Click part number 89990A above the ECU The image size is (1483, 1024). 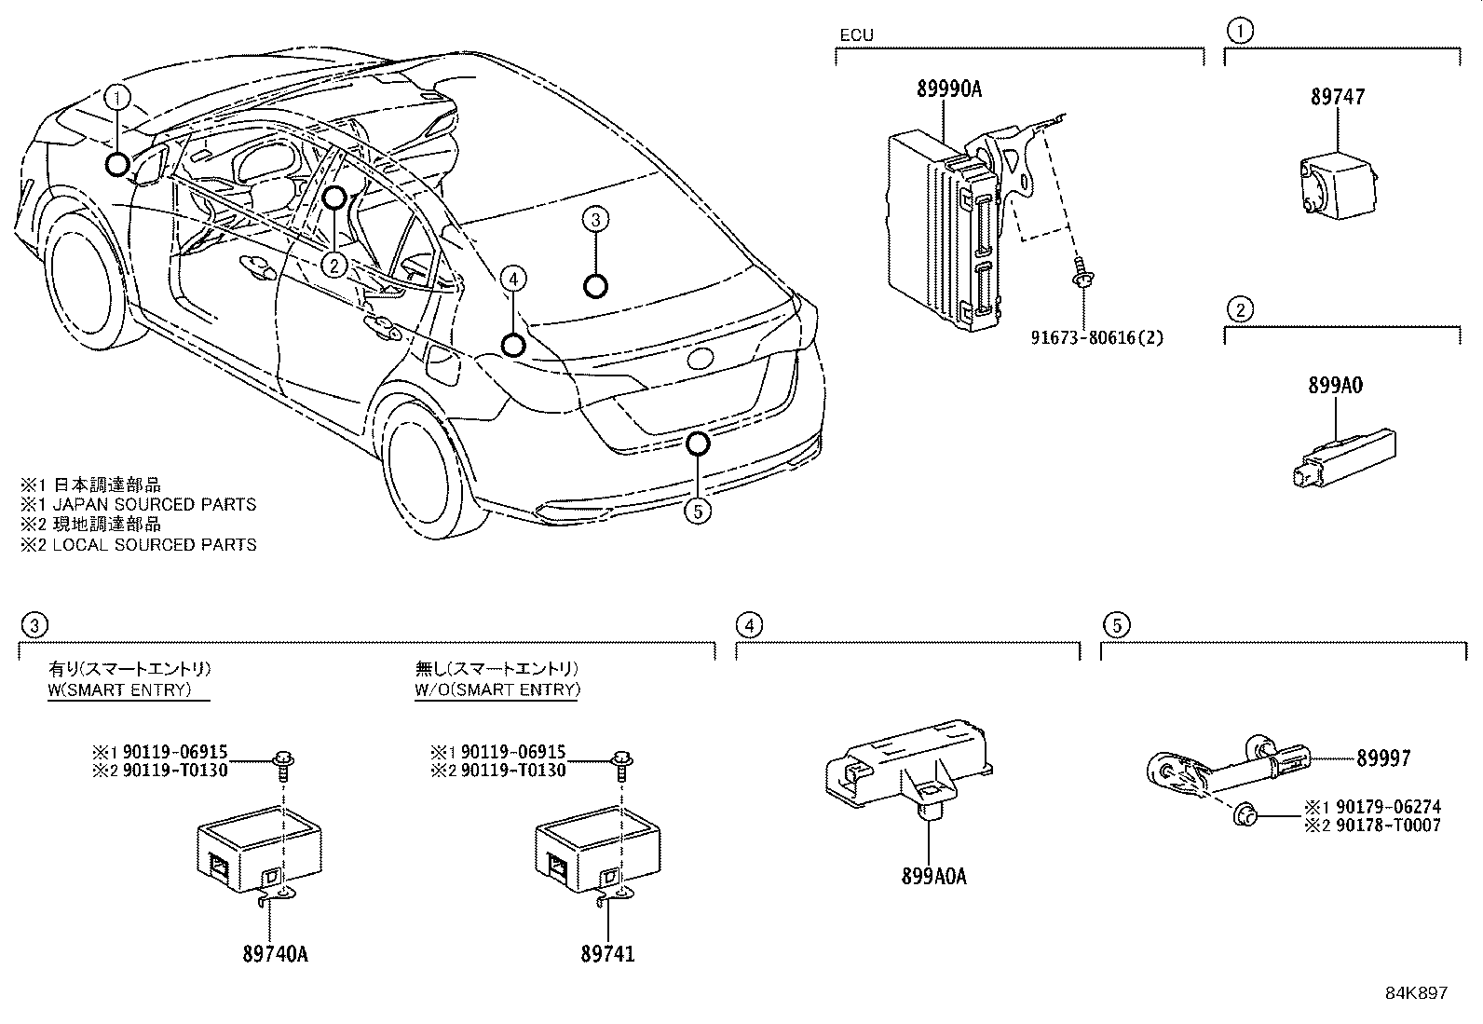pos(949,89)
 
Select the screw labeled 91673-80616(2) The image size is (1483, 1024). pos(1082,273)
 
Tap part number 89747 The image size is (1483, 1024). pos(1338,97)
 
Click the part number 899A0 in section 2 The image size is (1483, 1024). pos(1335,386)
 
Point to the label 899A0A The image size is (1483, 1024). pos(933,876)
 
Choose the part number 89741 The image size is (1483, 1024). pos(607,954)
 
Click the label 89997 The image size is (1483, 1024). pos(1382,759)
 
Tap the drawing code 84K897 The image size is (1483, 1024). pos(1416,993)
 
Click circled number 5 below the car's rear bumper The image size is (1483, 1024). pos(697,511)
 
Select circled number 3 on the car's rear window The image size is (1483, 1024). pos(596,220)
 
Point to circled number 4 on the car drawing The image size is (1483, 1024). pos(512,278)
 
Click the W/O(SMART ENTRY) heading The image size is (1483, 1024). pos(497,689)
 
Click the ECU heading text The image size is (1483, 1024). pos(856,35)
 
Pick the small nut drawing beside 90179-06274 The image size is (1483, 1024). pos(1245,817)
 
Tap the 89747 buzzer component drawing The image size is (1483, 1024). pos(1339,187)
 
